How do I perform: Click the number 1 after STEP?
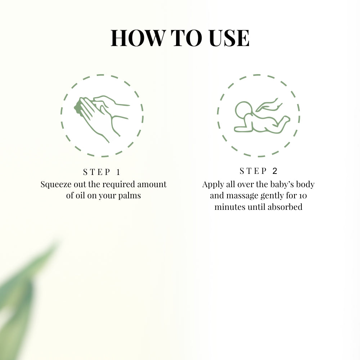(x=118, y=172)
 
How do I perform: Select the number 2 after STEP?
(x=275, y=171)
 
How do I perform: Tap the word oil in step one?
(x=80, y=196)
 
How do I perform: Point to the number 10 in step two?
(x=302, y=196)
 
